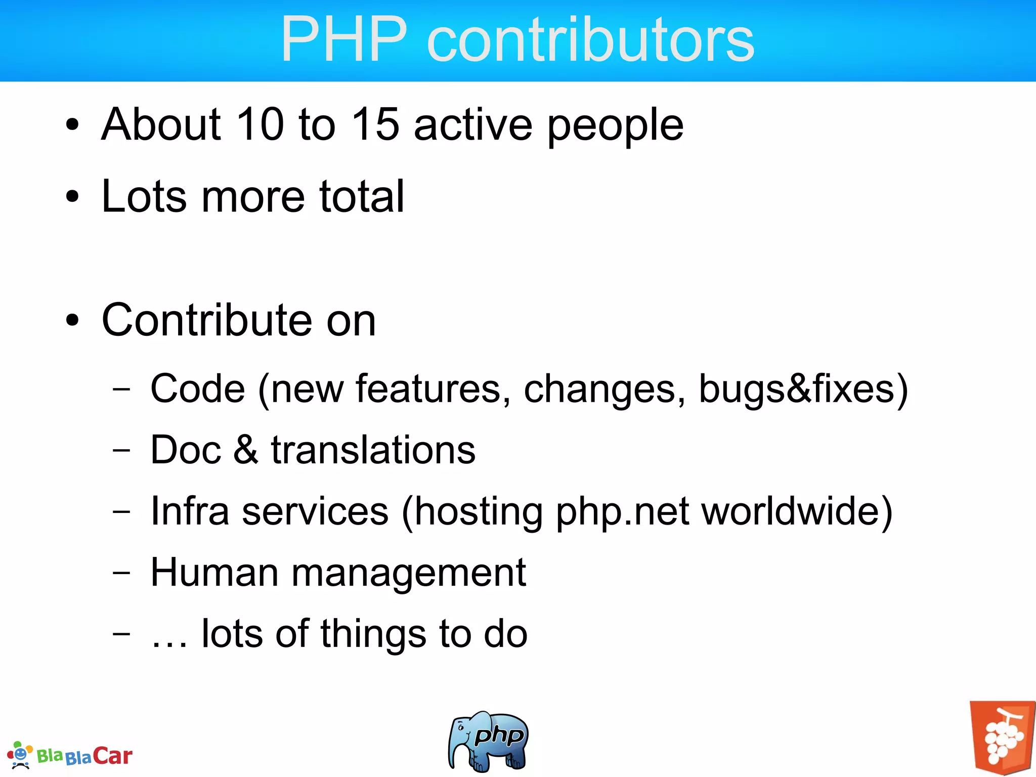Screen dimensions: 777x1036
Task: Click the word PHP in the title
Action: point(344,39)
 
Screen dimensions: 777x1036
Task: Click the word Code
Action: point(198,388)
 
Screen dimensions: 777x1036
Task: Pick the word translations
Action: point(373,450)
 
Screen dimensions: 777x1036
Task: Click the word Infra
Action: point(190,511)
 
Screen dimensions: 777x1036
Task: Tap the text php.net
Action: point(623,512)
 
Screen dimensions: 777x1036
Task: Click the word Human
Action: point(214,572)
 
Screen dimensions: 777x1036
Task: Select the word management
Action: point(409,574)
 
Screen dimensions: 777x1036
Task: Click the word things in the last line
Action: point(373,634)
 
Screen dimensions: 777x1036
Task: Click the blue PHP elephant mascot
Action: point(488,741)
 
